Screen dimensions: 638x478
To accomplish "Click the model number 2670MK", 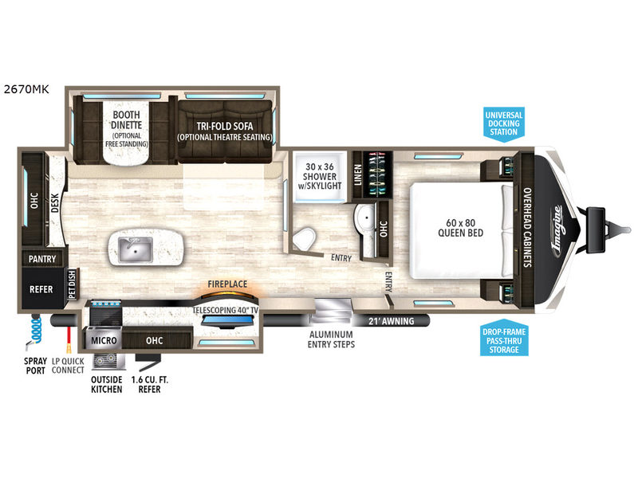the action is click(x=26, y=89).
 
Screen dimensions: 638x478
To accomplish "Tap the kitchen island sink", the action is click(x=136, y=249).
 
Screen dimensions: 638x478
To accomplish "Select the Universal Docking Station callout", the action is click(x=504, y=124).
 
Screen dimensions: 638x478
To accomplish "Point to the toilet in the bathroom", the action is click(x=305, y=239).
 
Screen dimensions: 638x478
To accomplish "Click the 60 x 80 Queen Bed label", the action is click(x=461, y=228).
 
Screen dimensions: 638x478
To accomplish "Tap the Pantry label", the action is click(x=42, y=259).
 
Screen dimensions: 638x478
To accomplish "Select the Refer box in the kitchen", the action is click(x=42, y=288).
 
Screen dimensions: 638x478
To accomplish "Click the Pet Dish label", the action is click(x=73, y=284).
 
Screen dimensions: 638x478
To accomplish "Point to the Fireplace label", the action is click(x=227, y=284).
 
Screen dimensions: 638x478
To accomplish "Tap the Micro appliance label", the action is click(x=104, y=340).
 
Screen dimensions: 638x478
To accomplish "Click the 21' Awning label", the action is click(x=391, y=321).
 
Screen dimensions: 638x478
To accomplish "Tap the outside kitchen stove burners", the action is click(x=105, y=360).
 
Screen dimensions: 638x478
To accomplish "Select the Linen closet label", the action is click(x=357, y=174).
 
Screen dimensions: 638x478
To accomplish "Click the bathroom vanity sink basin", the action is click(x=366, y=217).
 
